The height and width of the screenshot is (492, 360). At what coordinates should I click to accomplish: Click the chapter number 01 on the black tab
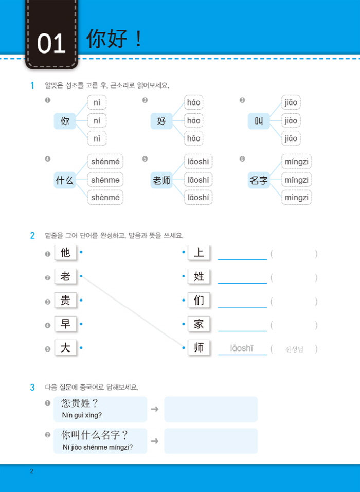tap(51, 44)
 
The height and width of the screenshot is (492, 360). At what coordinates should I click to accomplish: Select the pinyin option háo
tap(193, 102)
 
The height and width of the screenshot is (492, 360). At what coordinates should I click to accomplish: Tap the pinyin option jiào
tap(291, 120)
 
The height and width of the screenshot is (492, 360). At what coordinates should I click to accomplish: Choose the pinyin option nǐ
tap(97, 138)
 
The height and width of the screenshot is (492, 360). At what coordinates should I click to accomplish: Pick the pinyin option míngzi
tap(296, 162)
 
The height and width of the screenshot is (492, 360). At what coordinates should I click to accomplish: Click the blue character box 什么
tap(65, 180)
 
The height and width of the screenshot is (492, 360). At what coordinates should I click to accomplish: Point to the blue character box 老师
tap(161, 180)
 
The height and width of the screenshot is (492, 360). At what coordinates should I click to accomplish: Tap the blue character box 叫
tap(259, 121)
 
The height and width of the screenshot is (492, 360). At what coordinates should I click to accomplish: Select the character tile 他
tap(65, 253)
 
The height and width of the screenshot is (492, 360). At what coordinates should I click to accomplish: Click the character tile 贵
tap(65, 300)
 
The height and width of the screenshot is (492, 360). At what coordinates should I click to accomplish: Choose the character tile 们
tap(199, 300)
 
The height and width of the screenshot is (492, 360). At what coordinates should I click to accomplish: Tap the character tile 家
tap(199, 324)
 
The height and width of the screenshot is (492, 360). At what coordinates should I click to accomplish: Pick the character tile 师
tap(199, 348)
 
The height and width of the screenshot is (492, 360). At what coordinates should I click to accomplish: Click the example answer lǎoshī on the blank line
tap(242, 348)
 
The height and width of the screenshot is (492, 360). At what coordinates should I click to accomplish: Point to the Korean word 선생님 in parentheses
tap(294, 349)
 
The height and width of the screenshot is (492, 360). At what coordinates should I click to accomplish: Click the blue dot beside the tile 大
tap(81, 348)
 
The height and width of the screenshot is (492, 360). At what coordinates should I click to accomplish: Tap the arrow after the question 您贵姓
tap(155, 409)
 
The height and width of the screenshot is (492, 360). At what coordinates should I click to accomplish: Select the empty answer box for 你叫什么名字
tap(211, 441)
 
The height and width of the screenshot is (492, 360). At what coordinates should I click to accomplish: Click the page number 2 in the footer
tap(32, 471)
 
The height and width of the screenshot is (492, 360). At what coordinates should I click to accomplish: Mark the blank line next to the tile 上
tap(242, 259)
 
